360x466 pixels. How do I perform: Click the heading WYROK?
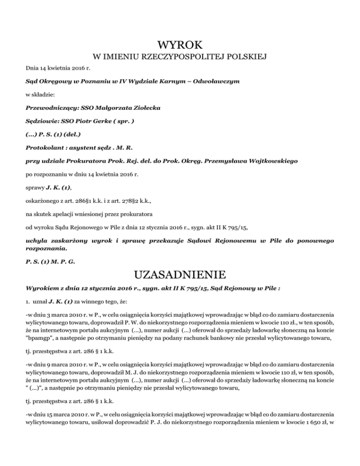(x=180, y=45)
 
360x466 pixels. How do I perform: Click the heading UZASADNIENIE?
(x=180, y=273)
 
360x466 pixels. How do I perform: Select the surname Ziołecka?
(x=143, y=108)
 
